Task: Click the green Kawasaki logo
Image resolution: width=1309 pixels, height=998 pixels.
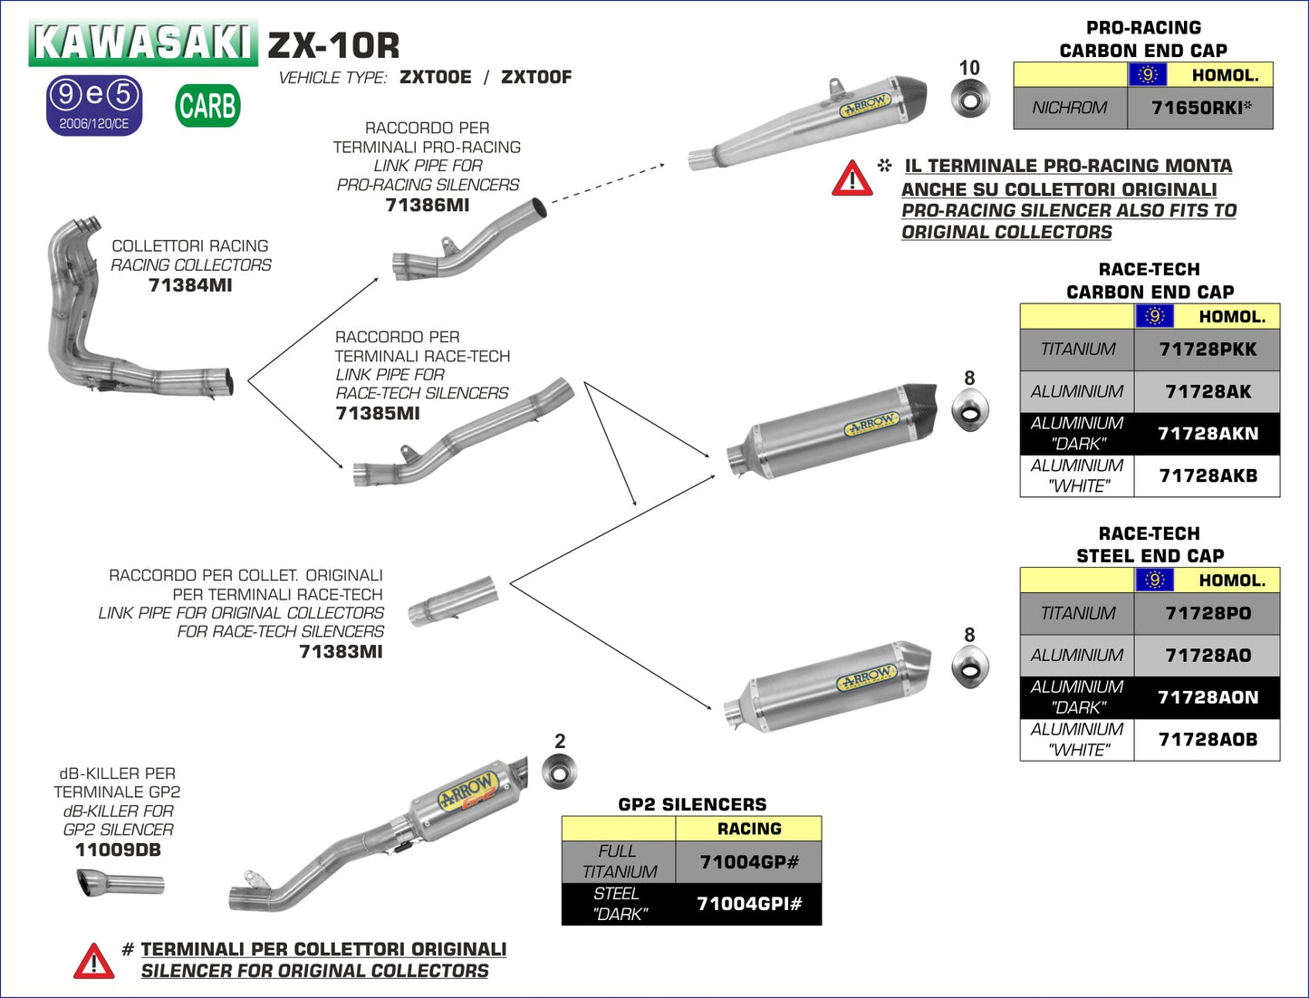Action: [x=142, y=42]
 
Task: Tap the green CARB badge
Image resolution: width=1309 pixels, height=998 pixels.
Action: [x=207, y=106]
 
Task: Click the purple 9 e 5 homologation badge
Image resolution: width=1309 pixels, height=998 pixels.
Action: [x=94, y=105]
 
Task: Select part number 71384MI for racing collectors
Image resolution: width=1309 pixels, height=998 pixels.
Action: [x=190, y=285]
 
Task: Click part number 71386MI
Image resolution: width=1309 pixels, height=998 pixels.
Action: [x=427, y=206]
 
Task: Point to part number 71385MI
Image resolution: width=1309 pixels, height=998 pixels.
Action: [x=378, y=414]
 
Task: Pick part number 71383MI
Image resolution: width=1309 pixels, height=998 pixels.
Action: [x=341, y=652]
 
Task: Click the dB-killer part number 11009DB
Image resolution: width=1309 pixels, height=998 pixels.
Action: [x=118, y=850]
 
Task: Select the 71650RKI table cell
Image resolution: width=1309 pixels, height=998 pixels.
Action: [x=1200, y=108]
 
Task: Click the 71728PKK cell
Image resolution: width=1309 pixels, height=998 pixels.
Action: [x=1208, y=350]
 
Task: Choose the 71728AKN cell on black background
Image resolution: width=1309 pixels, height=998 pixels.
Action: [x=1208, y=434]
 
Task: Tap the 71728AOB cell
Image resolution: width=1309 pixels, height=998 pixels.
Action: [x=1208, y=740]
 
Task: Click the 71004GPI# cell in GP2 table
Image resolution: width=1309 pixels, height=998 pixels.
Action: [x=748, y=904]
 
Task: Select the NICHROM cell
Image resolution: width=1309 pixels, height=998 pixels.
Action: [x=1070, y=108]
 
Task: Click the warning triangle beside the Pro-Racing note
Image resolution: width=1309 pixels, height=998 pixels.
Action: [x=852, y=179]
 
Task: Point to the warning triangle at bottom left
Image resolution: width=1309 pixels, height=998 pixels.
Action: [x=94, y=962]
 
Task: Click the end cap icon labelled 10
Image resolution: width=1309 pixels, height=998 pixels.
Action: [x=970, y=99]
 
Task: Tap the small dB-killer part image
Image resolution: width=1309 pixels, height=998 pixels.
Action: [x=120, y=883]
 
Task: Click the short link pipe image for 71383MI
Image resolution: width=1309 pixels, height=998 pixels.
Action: [x=452, y=601]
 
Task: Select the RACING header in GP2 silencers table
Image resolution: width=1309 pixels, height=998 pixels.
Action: [x=748, y=829]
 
